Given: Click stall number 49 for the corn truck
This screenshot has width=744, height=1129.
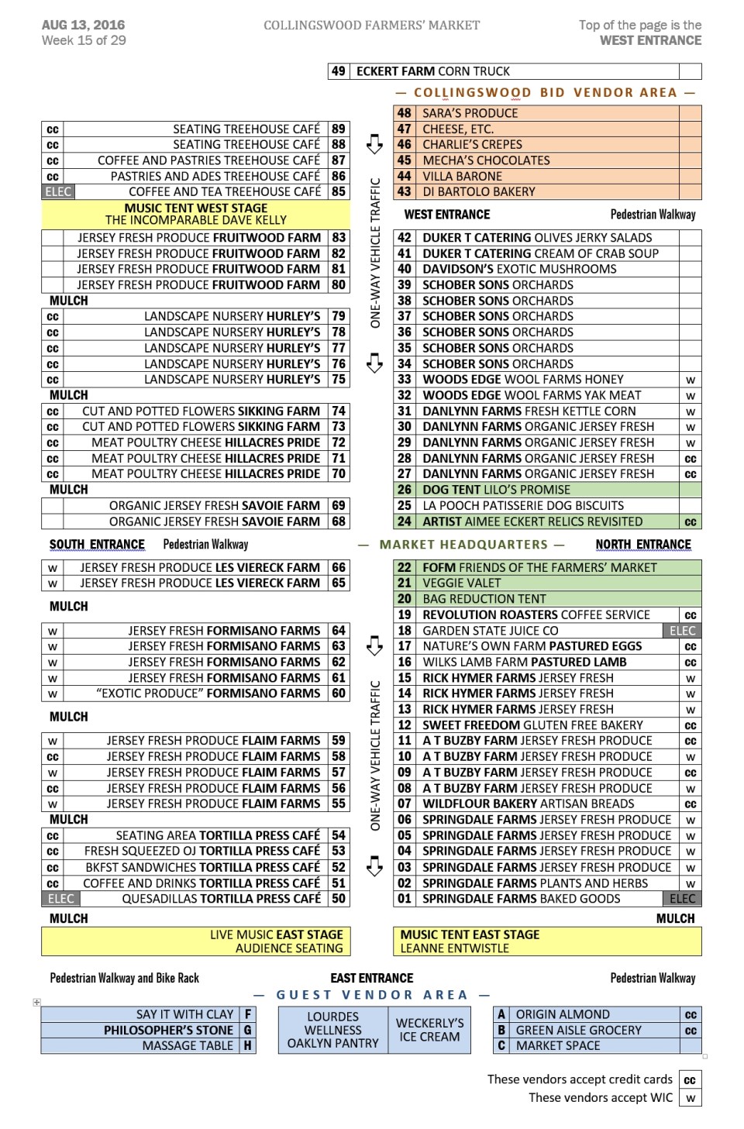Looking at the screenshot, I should tap(339, 71).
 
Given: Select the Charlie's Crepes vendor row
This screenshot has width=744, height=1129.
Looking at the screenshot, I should tap(472, 145).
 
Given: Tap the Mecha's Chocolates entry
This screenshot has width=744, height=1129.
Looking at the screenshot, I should tap(486, 160).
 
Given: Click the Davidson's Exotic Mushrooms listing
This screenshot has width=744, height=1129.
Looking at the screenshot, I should tap(519, 269).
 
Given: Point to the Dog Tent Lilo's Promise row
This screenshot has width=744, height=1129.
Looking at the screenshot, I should tap(496, 490).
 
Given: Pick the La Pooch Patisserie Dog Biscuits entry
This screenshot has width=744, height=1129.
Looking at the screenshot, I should tap(523, 506).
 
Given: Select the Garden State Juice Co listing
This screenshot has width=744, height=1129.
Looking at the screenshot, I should tap(490, 631).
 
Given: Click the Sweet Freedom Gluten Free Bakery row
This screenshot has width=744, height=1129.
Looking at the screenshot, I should tap(532, 725).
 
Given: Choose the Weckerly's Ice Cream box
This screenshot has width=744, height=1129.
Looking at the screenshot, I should tap(429, 1030).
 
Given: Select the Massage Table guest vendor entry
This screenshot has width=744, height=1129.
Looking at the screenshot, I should tap(188, 1046).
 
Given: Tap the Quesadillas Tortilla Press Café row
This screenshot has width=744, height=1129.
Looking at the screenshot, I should tap(221, 899).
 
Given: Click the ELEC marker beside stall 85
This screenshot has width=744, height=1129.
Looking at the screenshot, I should tap(58, 192).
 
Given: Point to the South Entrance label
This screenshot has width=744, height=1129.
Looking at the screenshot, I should tap(97, 545).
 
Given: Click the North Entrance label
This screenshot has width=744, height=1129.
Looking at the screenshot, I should tap(643, 545).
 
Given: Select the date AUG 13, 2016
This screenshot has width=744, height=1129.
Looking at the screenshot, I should tap(83, 25).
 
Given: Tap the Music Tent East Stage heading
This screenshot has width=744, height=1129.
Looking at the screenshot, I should tap(470, 935).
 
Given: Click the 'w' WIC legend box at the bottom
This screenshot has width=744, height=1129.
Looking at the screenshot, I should tap(690, 1098).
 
